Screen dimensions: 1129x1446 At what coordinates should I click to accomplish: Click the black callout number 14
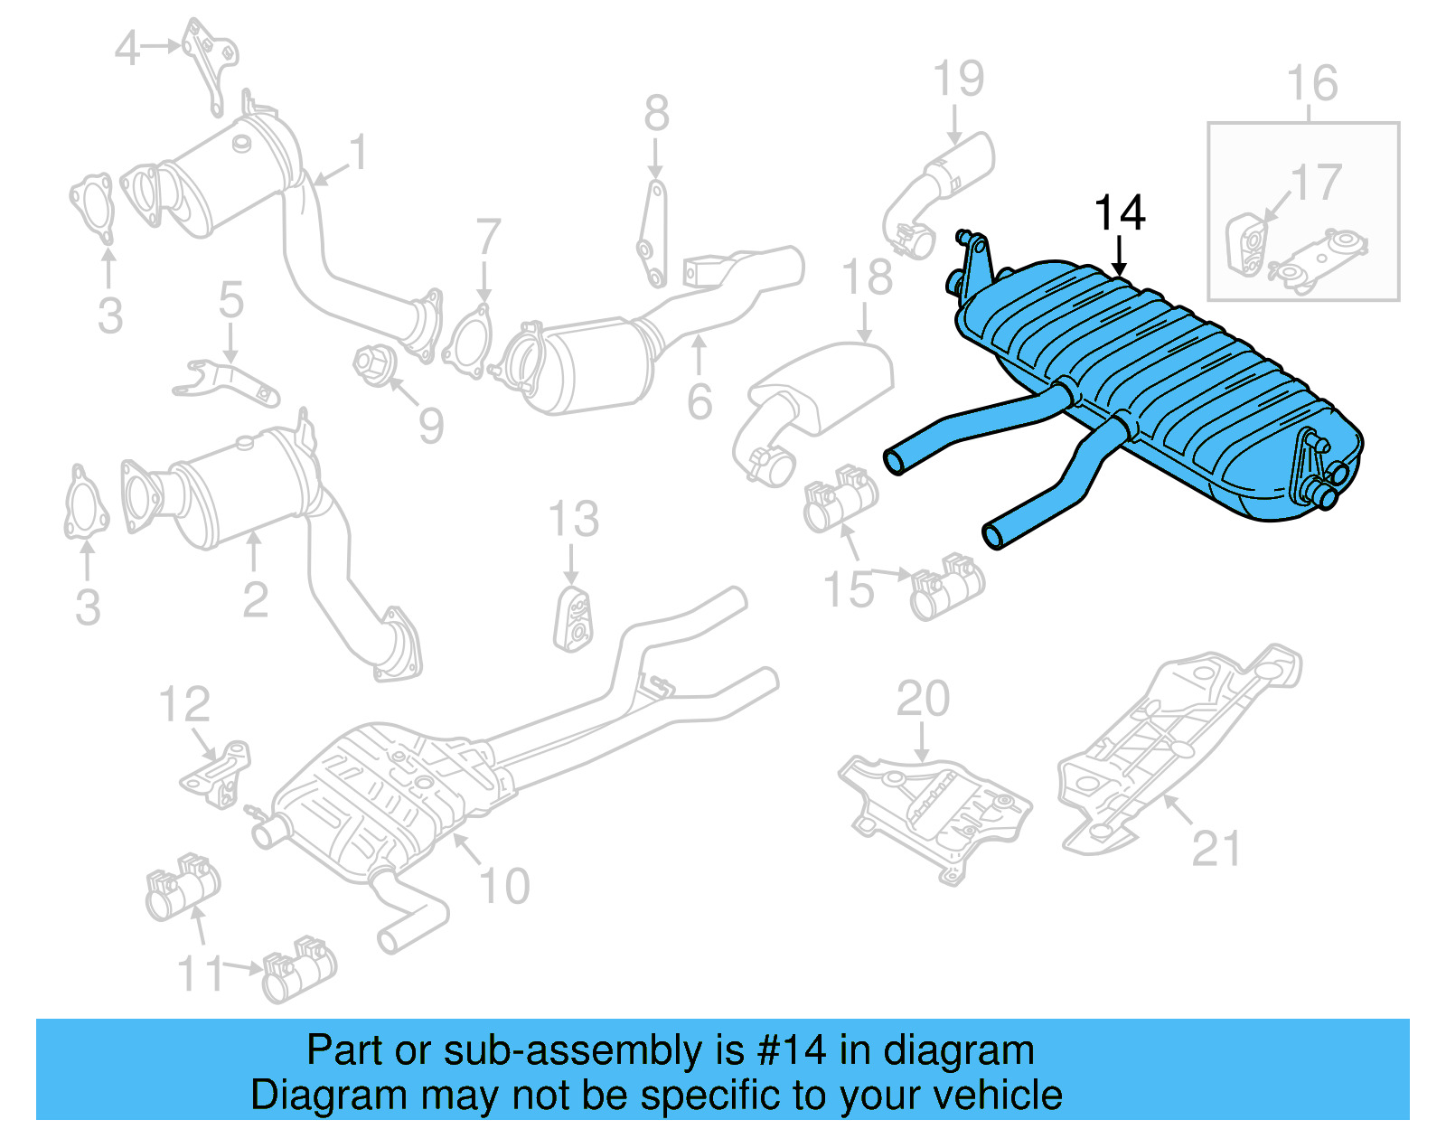coord(1119,213)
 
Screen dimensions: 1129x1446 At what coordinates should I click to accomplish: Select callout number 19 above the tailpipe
coord(958,80)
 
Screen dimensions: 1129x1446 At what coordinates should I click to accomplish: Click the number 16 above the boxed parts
coord(1311,84)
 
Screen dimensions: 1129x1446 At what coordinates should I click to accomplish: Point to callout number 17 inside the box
coord(1316,183)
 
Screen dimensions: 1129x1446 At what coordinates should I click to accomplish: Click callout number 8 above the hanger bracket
coord(657,115)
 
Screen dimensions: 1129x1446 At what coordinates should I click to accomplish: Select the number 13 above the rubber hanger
coord(573,520)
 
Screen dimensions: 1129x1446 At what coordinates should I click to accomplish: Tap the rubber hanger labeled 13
coord(573,619)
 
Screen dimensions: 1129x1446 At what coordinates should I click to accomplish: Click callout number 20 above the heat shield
coord(923,699)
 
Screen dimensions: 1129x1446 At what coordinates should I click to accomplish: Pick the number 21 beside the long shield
coord(1216,848)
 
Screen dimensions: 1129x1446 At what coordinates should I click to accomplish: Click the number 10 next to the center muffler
coord(503,886)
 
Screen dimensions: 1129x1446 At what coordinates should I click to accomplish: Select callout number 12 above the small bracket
coord(184,704)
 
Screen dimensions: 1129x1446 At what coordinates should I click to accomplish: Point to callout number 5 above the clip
coord(231,299)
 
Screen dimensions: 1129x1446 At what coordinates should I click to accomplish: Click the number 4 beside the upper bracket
coord(127,48)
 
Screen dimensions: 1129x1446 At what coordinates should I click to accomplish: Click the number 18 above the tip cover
coord(867,278)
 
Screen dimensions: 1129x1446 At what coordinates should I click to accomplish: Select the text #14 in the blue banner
coord(792,1050)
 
